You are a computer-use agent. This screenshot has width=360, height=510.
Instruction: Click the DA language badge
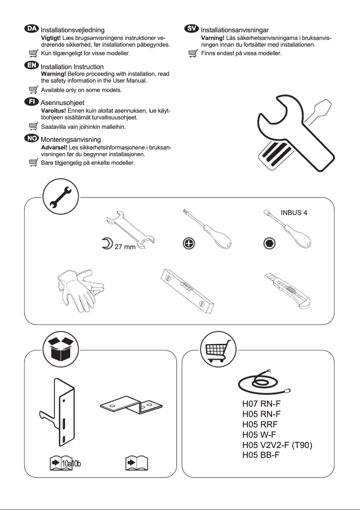point(31,29)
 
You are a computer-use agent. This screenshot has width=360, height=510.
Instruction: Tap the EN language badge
point(31,66)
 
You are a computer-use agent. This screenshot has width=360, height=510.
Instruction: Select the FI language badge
point(31,102)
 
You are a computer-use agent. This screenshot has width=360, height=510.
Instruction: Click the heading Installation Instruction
point(72,67)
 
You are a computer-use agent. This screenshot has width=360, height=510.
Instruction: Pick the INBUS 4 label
point(294,213)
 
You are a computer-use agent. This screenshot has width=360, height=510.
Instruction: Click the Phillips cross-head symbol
point(189,243)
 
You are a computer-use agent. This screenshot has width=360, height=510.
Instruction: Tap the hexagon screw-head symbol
point(268,243)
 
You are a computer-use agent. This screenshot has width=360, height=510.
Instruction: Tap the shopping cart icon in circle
point(218,350)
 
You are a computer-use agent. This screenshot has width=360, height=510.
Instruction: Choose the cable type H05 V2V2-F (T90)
point(277,445)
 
